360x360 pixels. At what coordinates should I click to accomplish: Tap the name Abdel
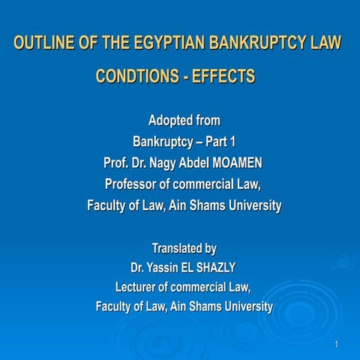tap(206, 162)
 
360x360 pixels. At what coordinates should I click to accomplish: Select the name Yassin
tap(167, 268)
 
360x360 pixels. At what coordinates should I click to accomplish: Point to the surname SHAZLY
tap(221, 268)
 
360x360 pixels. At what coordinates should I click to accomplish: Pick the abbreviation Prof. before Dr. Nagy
tap(116, 162)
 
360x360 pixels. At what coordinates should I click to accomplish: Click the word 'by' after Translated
tap(209, 248)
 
